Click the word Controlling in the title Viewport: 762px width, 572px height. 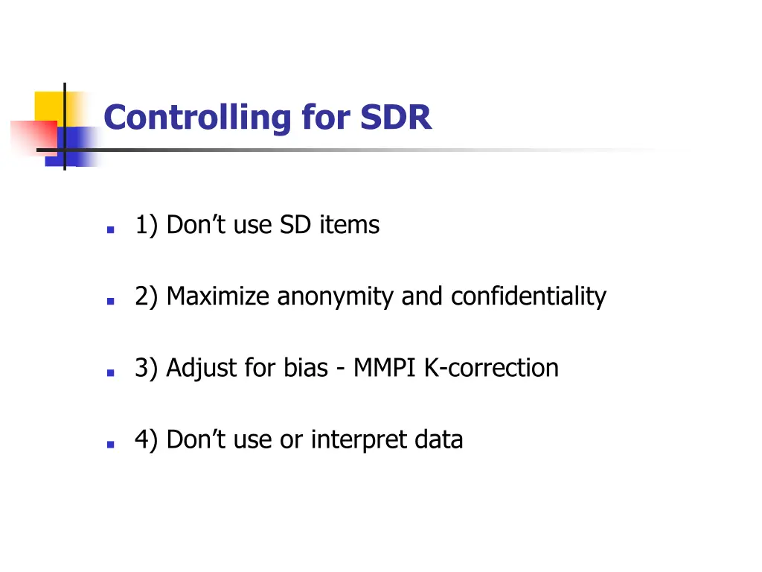198,118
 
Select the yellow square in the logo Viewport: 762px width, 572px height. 49,106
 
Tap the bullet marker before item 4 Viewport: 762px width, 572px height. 110,445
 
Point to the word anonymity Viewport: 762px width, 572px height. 337,296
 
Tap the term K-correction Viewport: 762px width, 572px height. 491,368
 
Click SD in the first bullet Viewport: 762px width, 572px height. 295,225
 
